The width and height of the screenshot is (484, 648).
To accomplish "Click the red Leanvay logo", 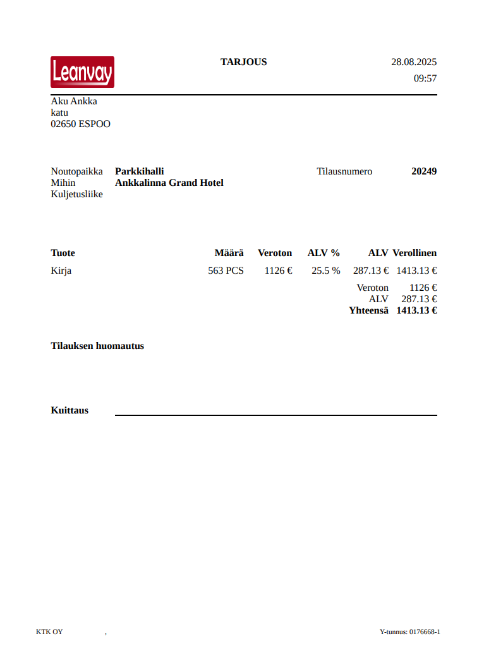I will tap(82, 71).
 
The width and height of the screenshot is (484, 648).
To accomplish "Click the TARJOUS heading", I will tap(243, 62).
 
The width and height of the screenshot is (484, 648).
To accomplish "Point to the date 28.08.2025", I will tap(414, 62).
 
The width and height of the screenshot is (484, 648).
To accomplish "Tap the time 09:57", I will tap(425, 78).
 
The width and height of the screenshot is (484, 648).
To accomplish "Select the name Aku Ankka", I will tap(74, 101).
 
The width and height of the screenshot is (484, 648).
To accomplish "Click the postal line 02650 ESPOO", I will tap(80, 124).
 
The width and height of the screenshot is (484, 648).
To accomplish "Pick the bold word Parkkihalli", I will tap(139, 171).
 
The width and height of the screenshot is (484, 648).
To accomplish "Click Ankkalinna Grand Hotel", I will tap(169, 183).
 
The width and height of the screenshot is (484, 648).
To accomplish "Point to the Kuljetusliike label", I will tap(76, 194).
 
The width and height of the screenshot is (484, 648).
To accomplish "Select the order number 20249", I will tap(424, 171).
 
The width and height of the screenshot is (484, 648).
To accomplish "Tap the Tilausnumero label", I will tap(344, 171).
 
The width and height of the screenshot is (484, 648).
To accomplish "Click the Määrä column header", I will tap(229, 253).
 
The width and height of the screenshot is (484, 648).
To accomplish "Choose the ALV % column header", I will tap(324, 253).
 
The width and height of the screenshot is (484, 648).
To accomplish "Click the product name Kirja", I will tap(61, 271).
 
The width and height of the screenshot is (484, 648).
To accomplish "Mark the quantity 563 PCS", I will tap(226, 271).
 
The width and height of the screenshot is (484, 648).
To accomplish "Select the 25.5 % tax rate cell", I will tap(325, 271).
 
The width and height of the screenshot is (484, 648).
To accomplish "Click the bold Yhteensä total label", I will tap(368, 310).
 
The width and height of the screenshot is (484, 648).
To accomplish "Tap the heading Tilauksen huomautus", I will tap(97, 346).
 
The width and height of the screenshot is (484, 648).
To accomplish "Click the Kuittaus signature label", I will tap(70, 410).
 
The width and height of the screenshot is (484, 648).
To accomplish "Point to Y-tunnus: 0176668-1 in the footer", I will tap(409, 632).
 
